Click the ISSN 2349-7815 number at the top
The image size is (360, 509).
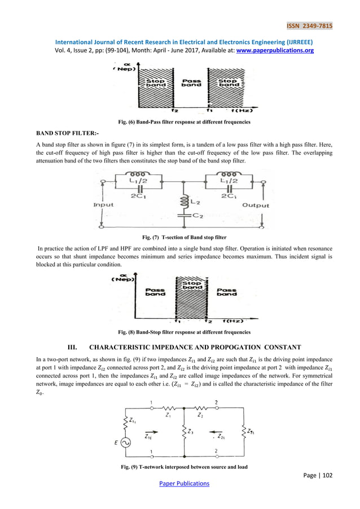point(309,26)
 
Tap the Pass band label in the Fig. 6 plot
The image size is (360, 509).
point(191,82)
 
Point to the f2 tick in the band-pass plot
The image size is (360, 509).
point(175,111)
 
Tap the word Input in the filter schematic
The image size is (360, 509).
point(103,205)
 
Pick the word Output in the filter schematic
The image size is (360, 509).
point(256,205)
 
